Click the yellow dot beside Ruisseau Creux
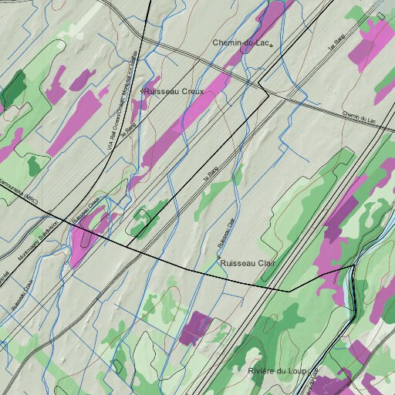(x=143, y=90)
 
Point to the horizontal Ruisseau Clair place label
(x=248, y=263)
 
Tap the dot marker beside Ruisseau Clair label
(x=218, y=258)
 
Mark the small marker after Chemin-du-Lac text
(x=272, y=45)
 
